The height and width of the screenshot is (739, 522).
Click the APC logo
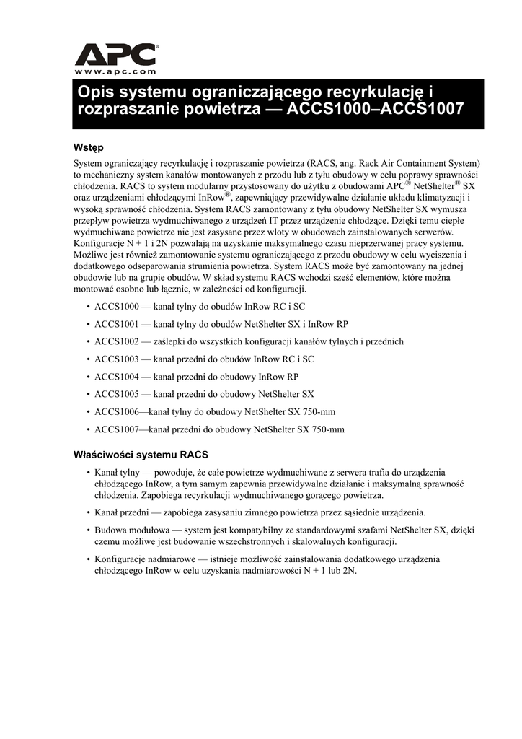(116, 54)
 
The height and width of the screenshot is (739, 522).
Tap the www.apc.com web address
(116, 71)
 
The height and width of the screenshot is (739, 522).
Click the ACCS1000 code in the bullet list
(116, 307)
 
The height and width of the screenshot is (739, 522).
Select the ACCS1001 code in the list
(116, 324)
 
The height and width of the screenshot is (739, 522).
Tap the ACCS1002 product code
(116, 341)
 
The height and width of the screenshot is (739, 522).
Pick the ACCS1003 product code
(116, 359)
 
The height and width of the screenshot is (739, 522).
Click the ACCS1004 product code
(116, 377)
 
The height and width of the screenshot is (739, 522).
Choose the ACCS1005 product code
(116, 394)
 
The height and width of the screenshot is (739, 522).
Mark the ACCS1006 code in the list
(116, 412)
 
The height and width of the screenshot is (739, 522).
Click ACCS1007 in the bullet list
(116, 429)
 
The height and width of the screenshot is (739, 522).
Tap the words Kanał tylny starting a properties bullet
(116, 472)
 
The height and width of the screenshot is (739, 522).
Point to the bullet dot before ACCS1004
(88, 377)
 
